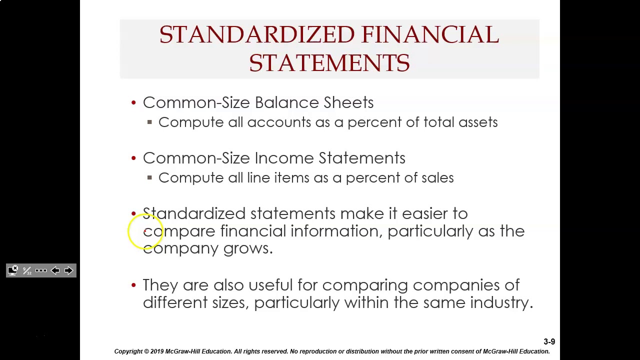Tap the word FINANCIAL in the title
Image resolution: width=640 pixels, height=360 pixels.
430,35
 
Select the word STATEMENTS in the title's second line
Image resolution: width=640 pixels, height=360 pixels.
329,63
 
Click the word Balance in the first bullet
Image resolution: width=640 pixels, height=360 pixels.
286,102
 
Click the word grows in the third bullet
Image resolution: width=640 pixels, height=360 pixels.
247,248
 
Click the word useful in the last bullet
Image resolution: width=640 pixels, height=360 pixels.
270,285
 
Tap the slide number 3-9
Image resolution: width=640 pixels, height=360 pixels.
549,342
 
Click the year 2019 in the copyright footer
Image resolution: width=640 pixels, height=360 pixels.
157,351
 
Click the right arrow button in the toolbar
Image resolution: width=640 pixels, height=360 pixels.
69,270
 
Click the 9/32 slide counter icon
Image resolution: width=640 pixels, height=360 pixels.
27,270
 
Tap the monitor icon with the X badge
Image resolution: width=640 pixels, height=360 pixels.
13,270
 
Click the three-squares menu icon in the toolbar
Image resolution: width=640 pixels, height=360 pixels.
41,270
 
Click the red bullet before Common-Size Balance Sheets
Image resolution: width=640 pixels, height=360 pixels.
133,102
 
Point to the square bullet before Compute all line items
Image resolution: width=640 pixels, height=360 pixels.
149,177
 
